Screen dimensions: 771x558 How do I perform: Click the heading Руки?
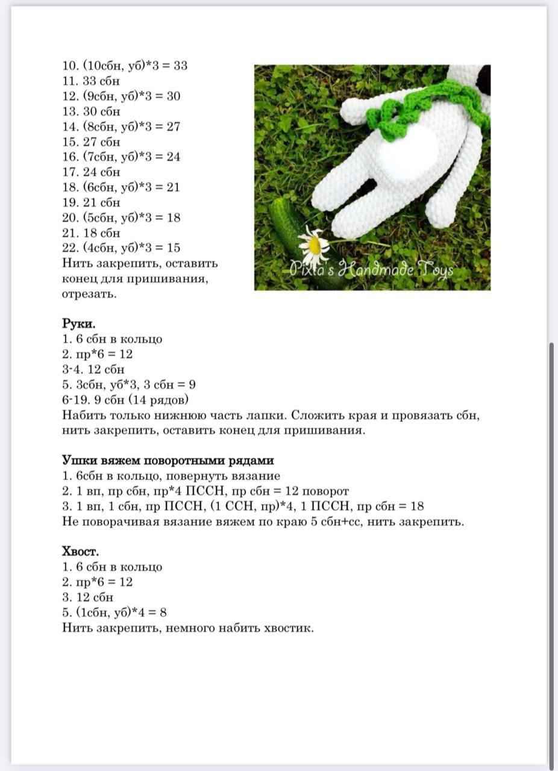(78, 323)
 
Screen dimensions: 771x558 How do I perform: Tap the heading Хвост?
(80, 551)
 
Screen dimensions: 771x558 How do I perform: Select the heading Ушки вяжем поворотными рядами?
(168, 460)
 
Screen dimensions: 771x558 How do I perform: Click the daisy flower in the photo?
(313, 244)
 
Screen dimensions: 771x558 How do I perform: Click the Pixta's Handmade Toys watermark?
(372, 270)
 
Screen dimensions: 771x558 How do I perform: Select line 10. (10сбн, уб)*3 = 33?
(125, 66)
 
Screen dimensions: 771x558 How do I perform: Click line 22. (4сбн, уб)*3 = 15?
(121, 248)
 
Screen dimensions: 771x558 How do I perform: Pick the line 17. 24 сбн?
(91, 172)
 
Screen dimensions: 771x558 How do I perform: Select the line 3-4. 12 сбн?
(93, 369)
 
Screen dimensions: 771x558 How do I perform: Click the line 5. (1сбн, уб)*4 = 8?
(114, 613)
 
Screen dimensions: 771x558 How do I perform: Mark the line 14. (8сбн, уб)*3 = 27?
(121, 126)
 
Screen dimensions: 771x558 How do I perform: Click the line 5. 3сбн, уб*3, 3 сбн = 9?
(128, 384)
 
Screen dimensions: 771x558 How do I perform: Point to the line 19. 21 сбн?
(91, 202)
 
